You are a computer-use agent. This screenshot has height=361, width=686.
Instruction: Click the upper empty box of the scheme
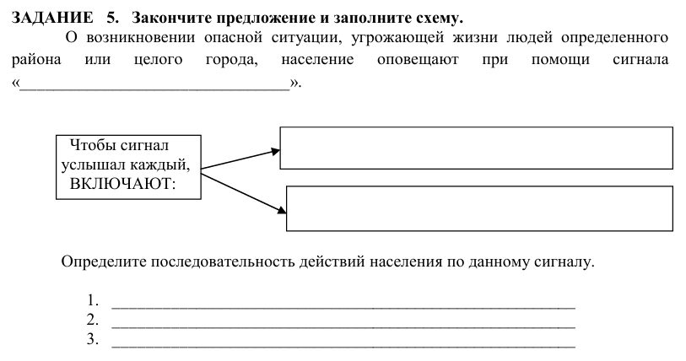click(476, 148)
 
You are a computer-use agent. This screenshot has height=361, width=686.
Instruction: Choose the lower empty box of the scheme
click(479, 207)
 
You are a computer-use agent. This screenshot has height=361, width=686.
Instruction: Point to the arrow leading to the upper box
click(241, 159)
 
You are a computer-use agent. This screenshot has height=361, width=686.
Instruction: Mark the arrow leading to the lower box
click(243, 190)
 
